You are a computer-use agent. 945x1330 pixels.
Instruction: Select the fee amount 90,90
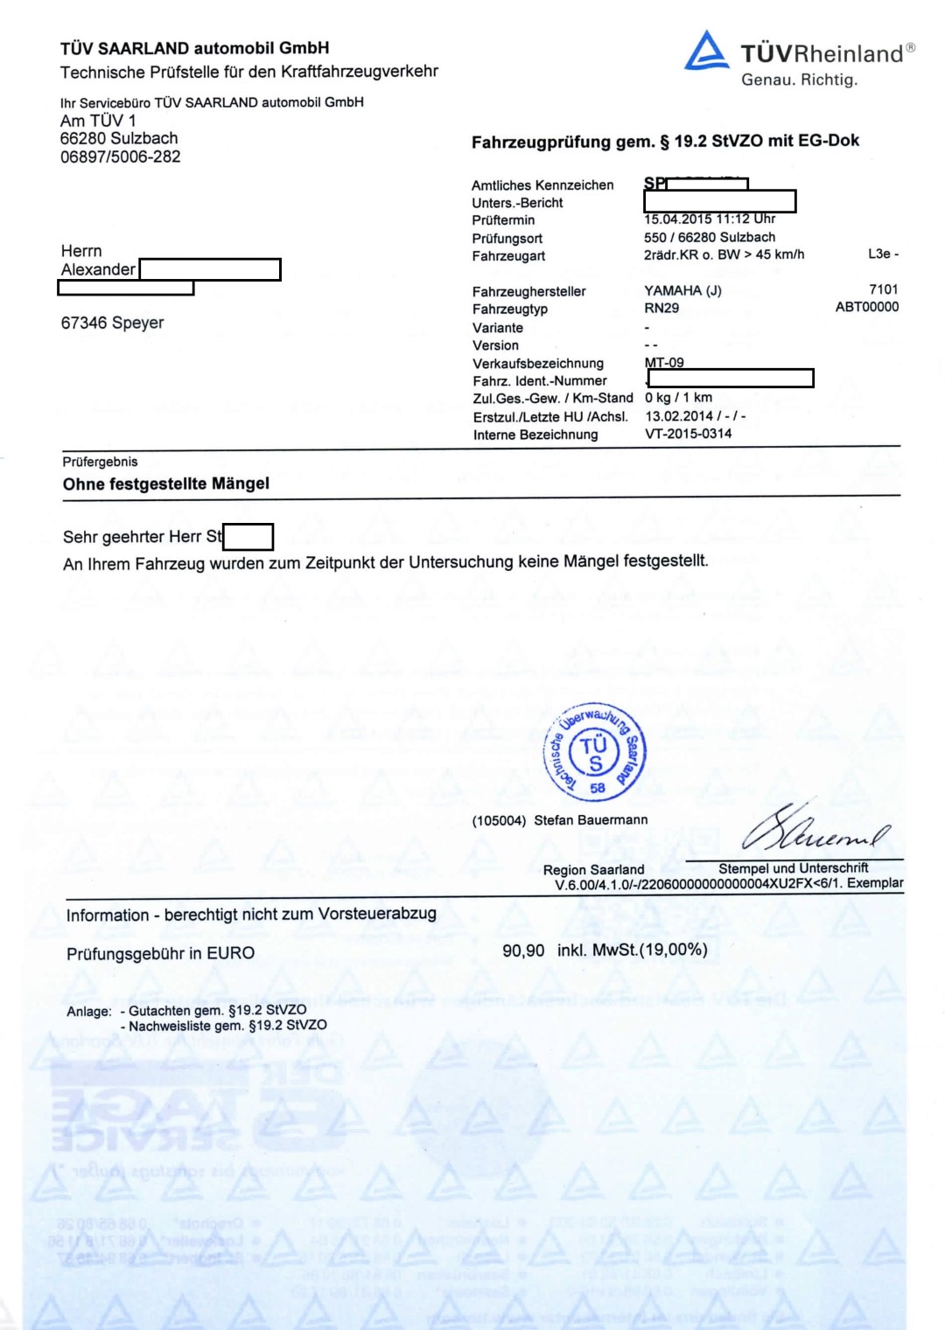point(523,950)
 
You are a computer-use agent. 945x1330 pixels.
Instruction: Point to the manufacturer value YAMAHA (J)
point(682,290)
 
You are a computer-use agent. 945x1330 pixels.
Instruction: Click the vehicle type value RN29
point(661,308)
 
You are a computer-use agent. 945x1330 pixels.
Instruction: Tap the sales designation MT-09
point(664,363)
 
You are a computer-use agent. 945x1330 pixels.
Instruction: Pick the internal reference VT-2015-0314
point(688,434)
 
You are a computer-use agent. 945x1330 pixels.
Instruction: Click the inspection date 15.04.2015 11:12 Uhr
point(710,219)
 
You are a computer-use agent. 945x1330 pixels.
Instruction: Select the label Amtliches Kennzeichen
point(542,185)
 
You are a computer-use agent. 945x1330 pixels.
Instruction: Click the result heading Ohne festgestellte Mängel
point(166,484)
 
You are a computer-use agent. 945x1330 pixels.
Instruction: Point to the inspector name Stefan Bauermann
point(591,820)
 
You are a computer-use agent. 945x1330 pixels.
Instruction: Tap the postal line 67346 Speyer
point(112,323)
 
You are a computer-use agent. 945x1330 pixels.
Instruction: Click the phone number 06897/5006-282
point(120,157)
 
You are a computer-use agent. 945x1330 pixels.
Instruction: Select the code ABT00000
point(866,307)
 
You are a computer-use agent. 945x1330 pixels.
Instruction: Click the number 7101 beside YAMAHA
point(883,289)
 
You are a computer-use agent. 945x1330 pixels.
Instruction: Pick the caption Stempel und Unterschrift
point(793,868)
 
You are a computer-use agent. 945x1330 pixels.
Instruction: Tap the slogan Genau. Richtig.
point(799,80)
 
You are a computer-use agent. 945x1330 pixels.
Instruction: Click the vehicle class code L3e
point(878,254)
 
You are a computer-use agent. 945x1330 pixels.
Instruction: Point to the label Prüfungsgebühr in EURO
point(160,953)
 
